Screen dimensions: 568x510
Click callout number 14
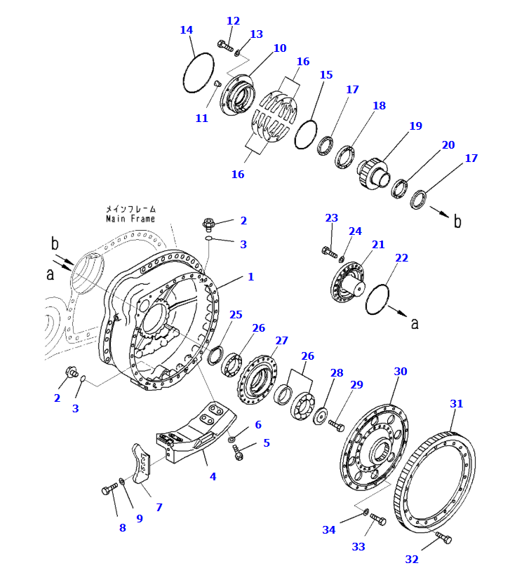[186, 30]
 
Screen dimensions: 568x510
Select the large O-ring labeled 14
[198, 73]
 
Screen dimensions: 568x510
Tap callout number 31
[457, 404]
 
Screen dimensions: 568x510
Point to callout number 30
[401, 371]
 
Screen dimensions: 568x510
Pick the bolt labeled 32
[443, 538]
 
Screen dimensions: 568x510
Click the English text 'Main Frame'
[130, 219]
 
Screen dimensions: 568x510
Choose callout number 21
[378, 245]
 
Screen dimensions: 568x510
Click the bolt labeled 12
[224, 46]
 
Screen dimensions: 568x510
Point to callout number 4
[213, 477]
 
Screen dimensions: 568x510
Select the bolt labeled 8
[108, 489]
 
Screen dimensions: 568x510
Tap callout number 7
[159, 507]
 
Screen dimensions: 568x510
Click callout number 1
[250, 277]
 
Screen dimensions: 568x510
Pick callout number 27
[281, 341]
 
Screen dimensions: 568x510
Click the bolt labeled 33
[377, 520]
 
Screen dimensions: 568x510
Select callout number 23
[332, 218]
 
